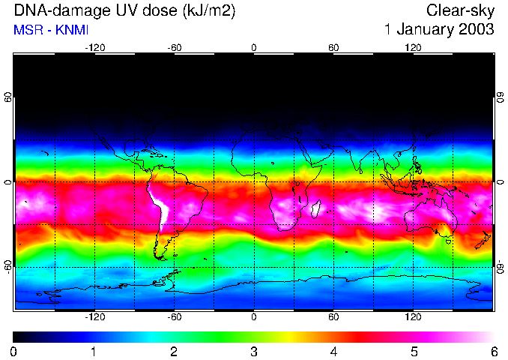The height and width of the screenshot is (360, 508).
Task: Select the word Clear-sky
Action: pos(460,11)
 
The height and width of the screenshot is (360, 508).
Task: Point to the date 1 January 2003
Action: pos(439,31)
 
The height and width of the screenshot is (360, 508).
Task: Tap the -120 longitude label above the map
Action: pos(94,47)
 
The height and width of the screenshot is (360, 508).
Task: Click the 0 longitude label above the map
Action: pos(254,47)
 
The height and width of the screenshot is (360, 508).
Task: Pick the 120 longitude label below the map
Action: pos(413,317)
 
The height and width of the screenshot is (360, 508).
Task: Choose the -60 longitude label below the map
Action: pos(174,317)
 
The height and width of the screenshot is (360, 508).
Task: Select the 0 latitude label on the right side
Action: pos(500,182)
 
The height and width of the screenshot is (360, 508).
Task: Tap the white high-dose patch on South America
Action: pos(159,207)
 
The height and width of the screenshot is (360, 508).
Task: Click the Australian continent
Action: pos(431,217)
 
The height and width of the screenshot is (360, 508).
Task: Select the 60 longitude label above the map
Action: pos(333,47)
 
